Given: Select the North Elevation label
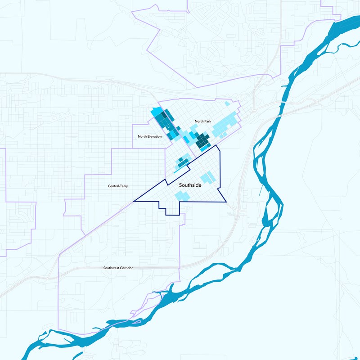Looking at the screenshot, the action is pyautogui.click(x=149, y=136).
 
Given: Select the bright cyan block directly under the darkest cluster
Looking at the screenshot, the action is pyautogui.click(x=204, y=148).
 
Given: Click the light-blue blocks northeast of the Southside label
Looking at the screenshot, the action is pyautogui.click(x=207, y=177).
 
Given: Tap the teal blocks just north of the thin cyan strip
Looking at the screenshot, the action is pyautogui.click(x=182, y=161).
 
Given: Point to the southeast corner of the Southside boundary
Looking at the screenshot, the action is pyautogui.click(x=226, y=202).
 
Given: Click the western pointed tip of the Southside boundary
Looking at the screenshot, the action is pyautogui.click(x=135, y=201).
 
